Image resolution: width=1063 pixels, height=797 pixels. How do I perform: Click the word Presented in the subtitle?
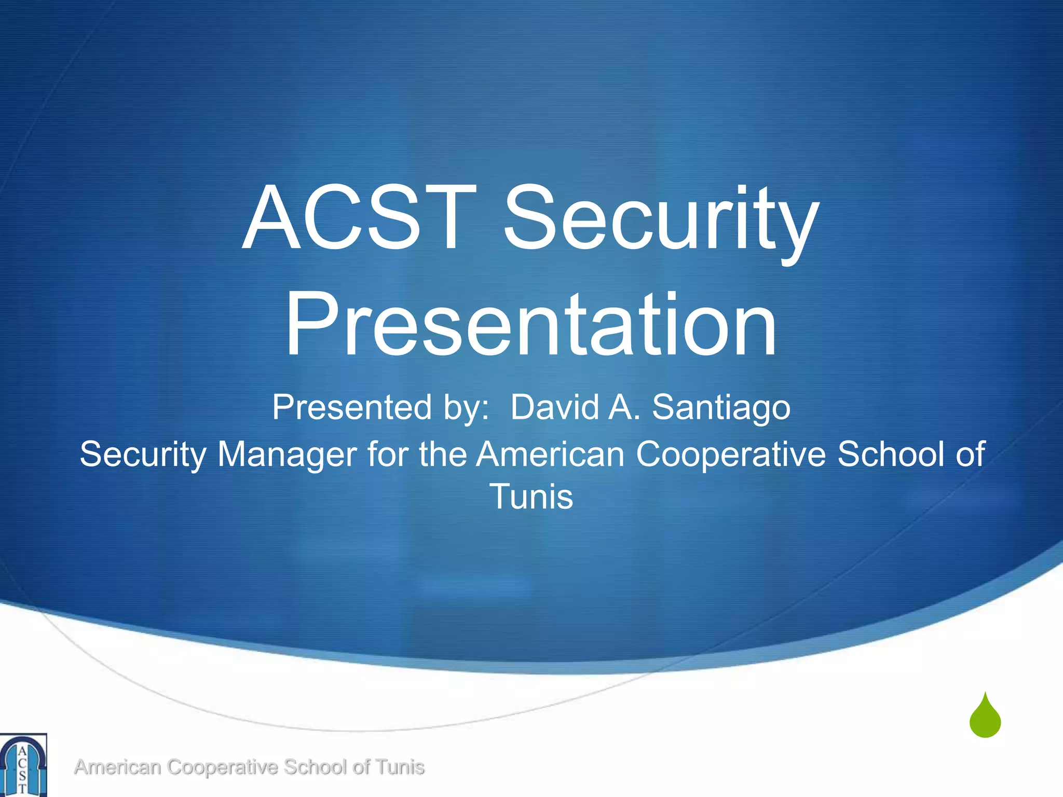(x=352, y=407)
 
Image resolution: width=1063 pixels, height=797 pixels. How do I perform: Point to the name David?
(x=554, y=407)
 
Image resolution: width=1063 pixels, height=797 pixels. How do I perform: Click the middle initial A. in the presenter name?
(x=624, y=407)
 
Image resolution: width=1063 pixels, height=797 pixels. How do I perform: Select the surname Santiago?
(x=721, y=408)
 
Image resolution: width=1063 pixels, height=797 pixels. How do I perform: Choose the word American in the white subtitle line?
(x=550, y=455)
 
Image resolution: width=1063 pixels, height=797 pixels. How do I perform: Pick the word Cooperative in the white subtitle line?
(x=731, y=455)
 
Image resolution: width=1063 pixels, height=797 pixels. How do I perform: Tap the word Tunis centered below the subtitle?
(x=531, y=497)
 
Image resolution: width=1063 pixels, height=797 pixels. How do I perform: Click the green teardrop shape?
(x=985, y=718)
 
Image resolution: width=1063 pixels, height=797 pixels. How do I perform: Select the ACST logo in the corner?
(x=23, y=765)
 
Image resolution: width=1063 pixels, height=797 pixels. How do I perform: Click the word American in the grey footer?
(x=117, y=767)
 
